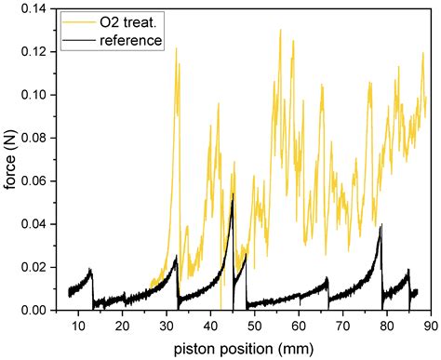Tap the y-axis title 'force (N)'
point(9,160)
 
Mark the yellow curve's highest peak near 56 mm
point(280,31)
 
